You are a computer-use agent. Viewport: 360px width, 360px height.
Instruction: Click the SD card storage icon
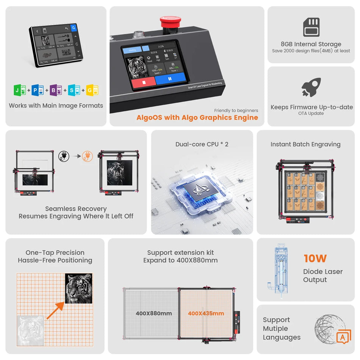tap(311, 27)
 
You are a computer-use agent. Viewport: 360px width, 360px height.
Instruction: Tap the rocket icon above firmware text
tap(311, 87)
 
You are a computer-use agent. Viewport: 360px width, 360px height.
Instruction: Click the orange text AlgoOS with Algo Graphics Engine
tap(197, 117)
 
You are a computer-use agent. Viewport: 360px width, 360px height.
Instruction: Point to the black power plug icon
tap(63, 156)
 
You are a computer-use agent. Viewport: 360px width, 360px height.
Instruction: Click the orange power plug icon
tap(87, 156)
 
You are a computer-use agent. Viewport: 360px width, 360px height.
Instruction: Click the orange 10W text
tap(315, 258)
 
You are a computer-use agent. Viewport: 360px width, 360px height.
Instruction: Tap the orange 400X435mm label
tap(206, 313)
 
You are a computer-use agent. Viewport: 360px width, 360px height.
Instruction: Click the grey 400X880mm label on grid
tap(153, 313)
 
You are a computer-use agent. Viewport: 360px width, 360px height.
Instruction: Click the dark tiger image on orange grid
tap(78, 288)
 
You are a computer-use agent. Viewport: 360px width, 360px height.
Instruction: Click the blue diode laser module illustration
tap(281, 270)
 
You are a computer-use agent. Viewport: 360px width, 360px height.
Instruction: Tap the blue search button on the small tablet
tap(74, 28)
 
